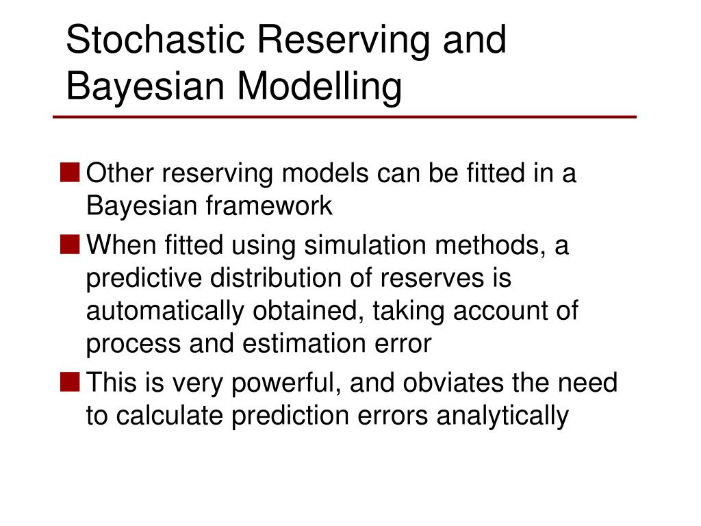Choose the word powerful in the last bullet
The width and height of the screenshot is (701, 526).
pyautogui.click(x=287, y=383)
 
